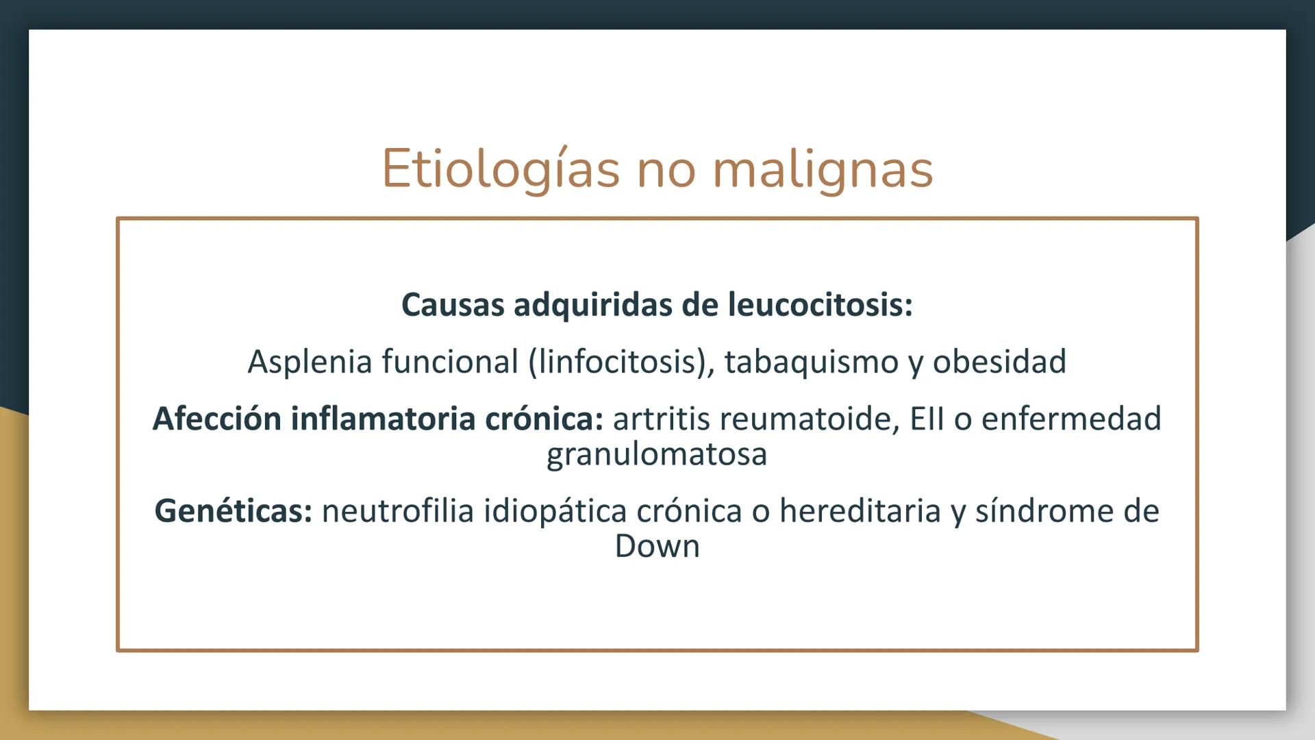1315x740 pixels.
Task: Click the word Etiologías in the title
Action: coord(500,169)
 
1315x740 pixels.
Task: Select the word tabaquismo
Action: coord(811,362)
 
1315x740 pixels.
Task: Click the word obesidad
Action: coord(999,362)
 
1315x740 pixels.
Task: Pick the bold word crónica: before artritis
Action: coord(544,419)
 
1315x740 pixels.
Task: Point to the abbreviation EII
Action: coord(927,419)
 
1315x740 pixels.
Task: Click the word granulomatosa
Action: coord(657,454)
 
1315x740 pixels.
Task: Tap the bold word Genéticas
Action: coord(233,511)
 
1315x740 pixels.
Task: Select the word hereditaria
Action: coord(860,511)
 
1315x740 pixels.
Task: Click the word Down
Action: coord(657,547)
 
